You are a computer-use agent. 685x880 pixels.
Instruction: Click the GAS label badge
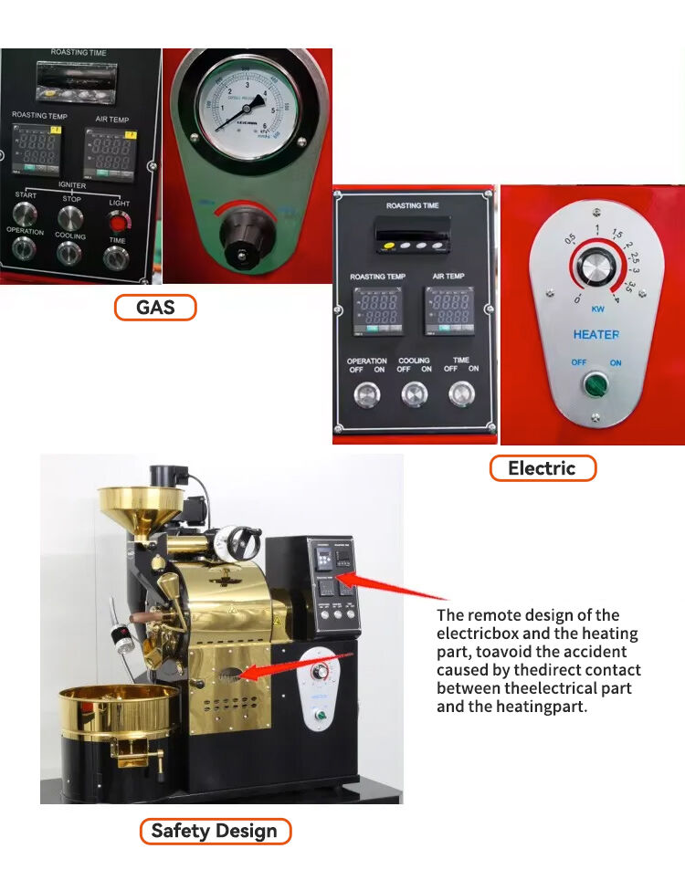(155, 308)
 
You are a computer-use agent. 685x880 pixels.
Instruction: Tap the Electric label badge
(542, 468)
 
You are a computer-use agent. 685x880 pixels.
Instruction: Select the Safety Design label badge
(215, 831)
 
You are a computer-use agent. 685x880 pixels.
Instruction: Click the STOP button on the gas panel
(70, 217)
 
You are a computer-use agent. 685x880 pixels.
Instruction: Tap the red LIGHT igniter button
(118, 221)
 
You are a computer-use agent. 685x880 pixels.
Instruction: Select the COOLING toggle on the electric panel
(414, 393)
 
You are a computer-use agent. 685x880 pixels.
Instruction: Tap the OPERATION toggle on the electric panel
(366, 393)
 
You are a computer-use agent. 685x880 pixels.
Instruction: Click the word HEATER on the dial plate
(595, 335)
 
